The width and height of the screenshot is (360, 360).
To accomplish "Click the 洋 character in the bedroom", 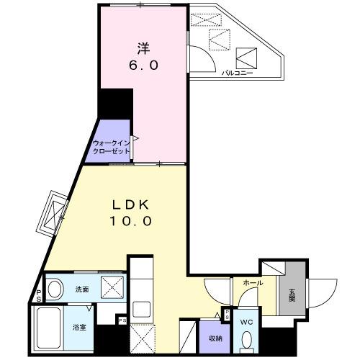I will point(143,49).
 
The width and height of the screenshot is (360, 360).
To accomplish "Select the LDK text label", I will point(130,204).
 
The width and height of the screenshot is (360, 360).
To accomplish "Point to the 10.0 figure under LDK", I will point(130,222).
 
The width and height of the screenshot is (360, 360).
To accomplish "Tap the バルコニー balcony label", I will point(237,73).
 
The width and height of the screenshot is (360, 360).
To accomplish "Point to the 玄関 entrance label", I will point(292,295).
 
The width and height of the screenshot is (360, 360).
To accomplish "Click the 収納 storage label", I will point(215,338).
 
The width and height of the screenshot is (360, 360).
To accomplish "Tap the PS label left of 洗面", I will point(37,296).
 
